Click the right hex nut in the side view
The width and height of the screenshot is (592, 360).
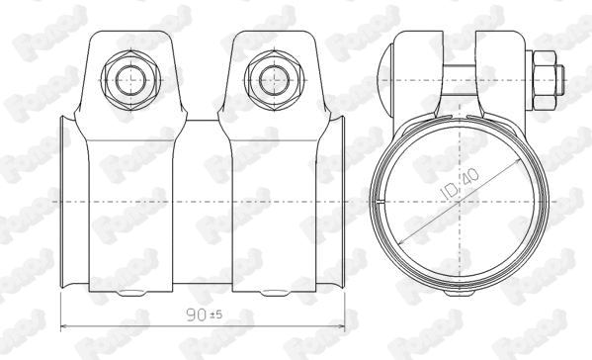pos(266,78)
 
